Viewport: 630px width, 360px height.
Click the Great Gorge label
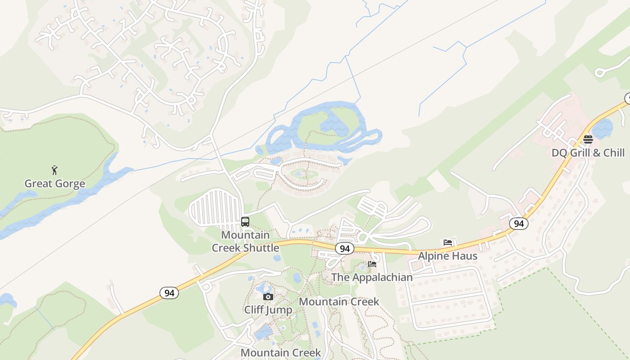click(54, 184)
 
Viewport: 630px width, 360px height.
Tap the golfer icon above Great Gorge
click(54, 170)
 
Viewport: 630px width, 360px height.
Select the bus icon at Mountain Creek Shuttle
click(245, 221)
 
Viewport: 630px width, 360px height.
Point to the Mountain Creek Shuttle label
click(246, 241)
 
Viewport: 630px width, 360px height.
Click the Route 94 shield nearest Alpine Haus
click(519, 223)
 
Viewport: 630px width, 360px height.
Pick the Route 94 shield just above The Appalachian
click(344, 249)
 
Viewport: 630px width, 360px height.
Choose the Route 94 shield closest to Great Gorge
click(169, 293)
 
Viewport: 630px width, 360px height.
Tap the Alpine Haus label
click(447, 256)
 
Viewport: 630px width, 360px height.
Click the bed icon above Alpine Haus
click(447, 242)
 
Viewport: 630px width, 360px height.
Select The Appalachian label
click(372, 277)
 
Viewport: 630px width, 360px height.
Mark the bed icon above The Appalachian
click(372, 264)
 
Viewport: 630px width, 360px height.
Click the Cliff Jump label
click(268, 310)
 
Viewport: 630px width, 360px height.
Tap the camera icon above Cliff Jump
click(268, 297)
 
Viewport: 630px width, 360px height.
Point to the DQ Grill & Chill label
click(588, 153)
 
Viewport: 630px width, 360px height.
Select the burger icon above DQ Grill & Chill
click(588, 139)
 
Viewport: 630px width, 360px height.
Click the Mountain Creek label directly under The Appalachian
click(339, 301)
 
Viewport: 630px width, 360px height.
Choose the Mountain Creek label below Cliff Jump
click(281, 352)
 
